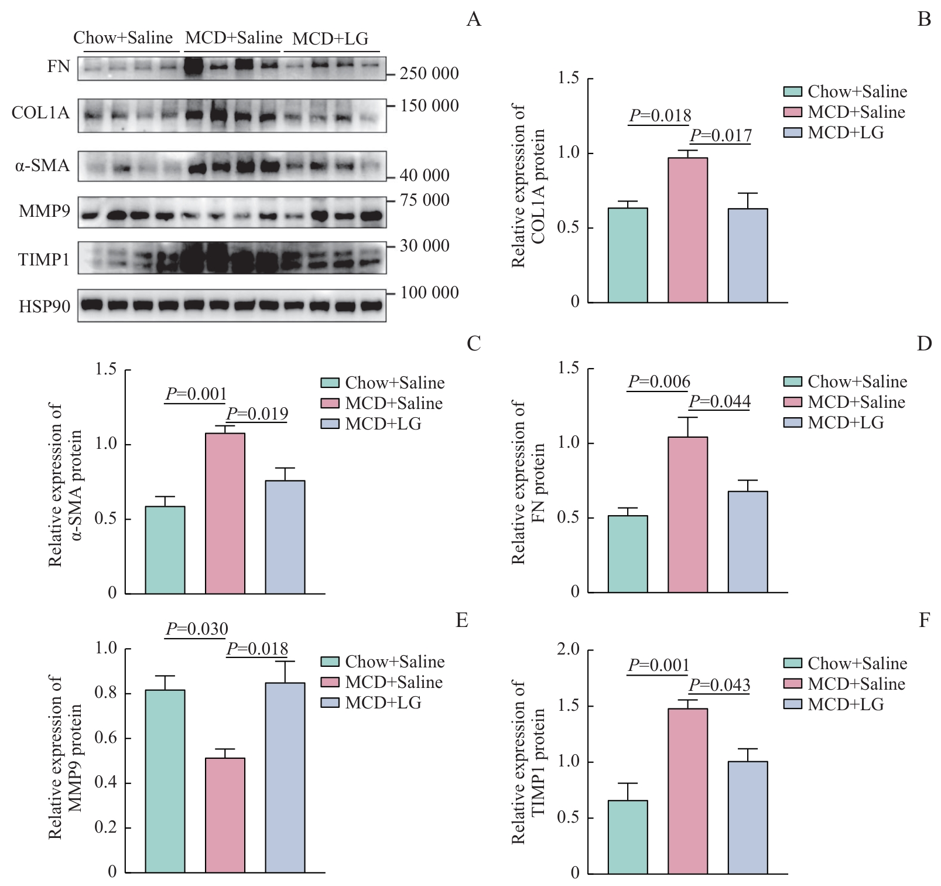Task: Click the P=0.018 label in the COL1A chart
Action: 660,116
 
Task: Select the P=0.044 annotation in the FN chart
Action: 720,402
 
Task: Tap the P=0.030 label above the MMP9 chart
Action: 197,629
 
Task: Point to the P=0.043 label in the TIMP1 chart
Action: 719,685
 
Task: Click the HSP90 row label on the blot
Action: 45,306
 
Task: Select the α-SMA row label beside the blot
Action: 42,166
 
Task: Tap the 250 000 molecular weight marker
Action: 429,74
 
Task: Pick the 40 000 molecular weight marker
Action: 425,175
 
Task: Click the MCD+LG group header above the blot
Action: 330,39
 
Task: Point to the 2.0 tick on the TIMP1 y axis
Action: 568,649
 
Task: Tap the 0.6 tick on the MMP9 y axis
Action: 105,738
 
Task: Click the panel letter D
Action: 924,344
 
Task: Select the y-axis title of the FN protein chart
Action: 528,482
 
